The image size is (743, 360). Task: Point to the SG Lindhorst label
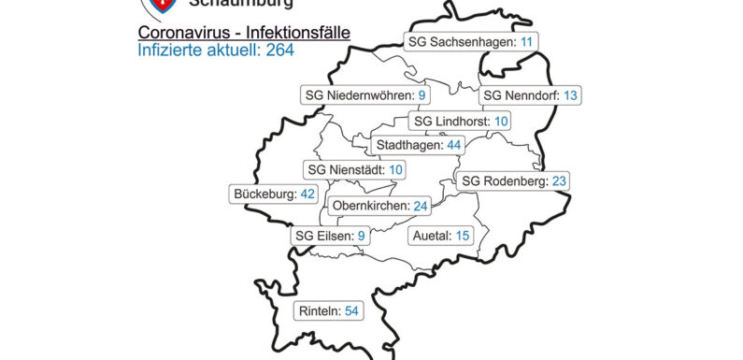(x=461, y=122)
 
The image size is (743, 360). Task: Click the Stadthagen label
(x=418, y=145)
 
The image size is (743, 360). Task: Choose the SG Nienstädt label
(x=355, y=169)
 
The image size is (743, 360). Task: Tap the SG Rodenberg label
(x=514, y=180)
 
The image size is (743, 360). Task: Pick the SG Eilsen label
(x=329, y=236)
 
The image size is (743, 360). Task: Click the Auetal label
(x=440, y=236)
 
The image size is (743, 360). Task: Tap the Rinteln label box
(x=328, y=310)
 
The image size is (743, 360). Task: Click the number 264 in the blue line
(x=279, y=50)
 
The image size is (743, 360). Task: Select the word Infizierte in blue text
(x=168, y=50)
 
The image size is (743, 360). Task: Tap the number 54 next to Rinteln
(x=351, y=310)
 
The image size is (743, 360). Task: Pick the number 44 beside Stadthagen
(x=454, y=145)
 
